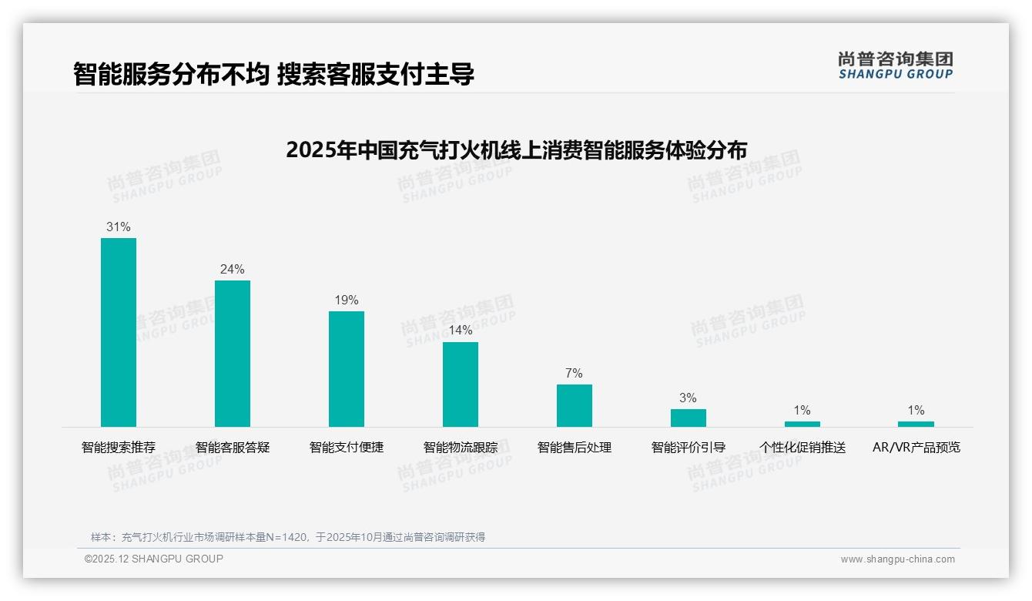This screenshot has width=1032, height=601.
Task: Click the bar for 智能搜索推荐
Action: (119, 332)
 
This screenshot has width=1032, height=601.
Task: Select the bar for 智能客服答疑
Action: (233, 354)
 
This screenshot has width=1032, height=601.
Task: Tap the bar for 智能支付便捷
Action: (347, 369)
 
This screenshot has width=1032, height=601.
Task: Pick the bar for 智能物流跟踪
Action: (461, 384)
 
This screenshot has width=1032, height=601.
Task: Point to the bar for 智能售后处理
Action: (575, 405)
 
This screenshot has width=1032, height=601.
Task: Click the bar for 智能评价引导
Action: (689, 418)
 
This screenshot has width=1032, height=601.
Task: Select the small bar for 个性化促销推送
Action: (802, 424)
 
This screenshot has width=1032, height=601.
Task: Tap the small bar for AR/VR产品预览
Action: (916, 424)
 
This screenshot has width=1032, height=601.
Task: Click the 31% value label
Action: (119, 227)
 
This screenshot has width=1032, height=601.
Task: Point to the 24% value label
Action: (233, 270)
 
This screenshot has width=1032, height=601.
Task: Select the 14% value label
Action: (461, 331)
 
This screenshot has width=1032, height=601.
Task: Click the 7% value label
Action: (575, 374)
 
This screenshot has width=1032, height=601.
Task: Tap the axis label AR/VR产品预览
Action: (916, 448)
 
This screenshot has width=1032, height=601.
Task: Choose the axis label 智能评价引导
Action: (689, 448)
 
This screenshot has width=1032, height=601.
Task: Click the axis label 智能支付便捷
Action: (347, 448)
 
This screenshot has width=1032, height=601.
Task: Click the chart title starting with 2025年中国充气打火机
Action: (516, 149)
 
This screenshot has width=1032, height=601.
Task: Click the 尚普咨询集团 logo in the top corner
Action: (896, 65)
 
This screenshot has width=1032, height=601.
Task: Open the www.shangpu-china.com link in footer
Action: (897, 559)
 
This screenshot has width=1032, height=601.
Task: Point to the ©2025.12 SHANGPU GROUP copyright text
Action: (154, 559)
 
